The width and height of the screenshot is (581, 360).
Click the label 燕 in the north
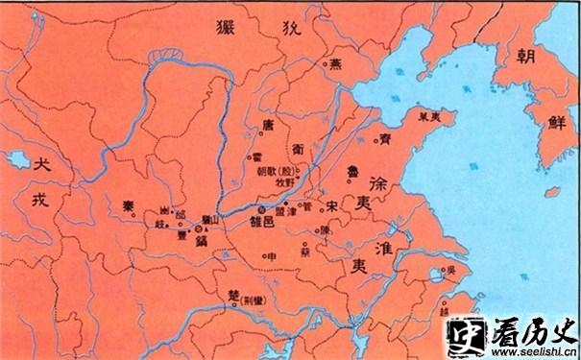(335, 65)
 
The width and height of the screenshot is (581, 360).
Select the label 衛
(299, 150)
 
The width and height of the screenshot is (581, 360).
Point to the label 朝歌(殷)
(273, 173)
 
